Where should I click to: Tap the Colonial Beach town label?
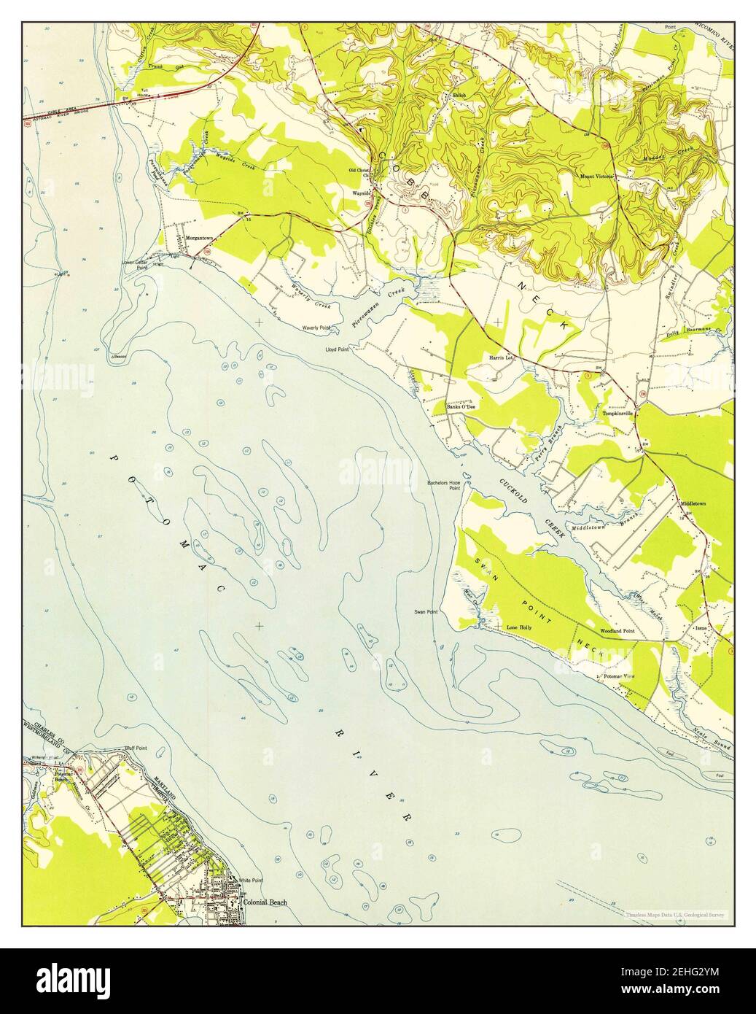coord(264,902)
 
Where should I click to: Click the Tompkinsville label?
coord(620,414)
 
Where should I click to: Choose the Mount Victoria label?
coord(596,176)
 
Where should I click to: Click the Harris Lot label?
coord(502,358)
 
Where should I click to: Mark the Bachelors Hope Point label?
coord(444,485)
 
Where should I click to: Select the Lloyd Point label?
coord(338,349)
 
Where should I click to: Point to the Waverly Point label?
coord(316,329)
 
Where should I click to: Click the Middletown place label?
coord(693,504)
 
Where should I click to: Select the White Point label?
coord(251,881)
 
